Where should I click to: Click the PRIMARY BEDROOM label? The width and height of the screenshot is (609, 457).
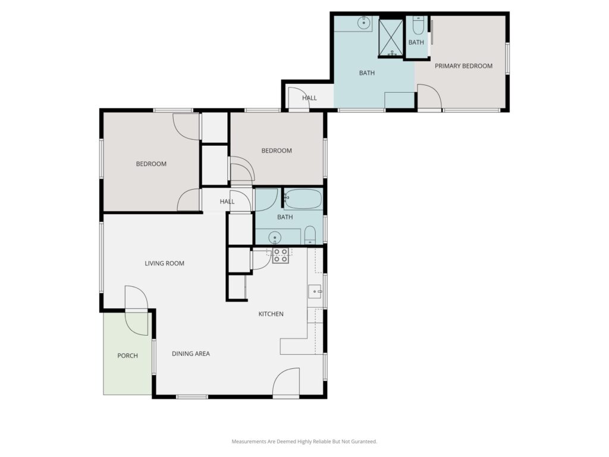tap(463, 66)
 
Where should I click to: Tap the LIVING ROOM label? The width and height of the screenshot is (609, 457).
tap(164, 264)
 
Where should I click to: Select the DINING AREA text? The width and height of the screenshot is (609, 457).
tap(191, 353)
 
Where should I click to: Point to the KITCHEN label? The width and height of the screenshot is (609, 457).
tap(271, 314)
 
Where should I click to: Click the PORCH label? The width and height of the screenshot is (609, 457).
tap(127, 356)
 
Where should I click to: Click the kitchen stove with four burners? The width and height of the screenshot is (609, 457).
tap(280, 256)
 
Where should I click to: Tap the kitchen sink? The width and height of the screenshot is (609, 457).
tap(315, 291)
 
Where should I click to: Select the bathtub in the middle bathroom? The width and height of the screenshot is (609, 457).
tap(303, 199)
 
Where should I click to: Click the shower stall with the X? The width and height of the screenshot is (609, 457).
tap(391, 37)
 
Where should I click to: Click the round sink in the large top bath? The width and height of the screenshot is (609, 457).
tap(363, 23)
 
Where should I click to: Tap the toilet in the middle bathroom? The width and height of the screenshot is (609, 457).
tap(309, 235)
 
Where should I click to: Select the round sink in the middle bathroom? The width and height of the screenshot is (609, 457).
tap(275, 237)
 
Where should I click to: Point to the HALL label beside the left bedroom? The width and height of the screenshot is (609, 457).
tap(227, 202)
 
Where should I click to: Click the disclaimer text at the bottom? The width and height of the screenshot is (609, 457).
tap(304, 442)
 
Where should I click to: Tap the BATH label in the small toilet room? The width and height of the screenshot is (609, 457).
tap(416, 42)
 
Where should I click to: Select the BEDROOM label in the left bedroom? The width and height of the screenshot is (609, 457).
tap(151, 164)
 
